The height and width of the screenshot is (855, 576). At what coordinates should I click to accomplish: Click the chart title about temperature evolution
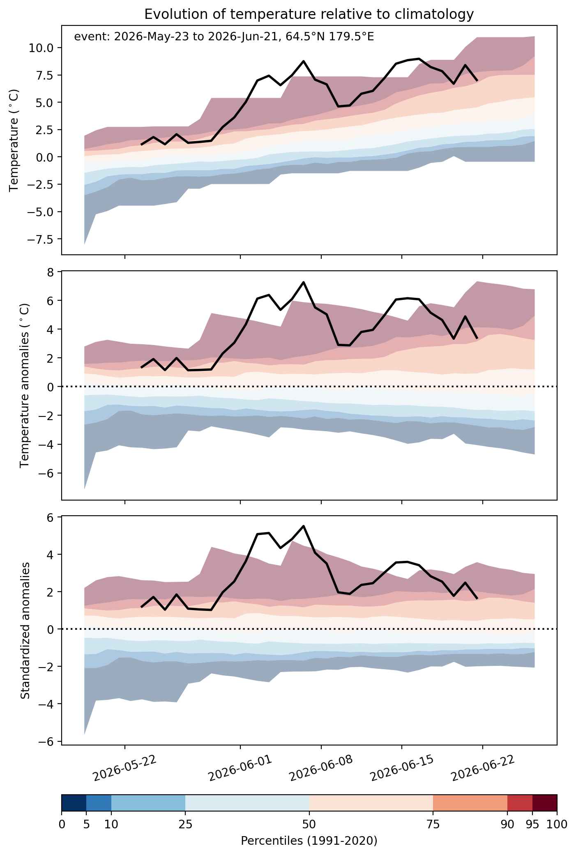[309, 14]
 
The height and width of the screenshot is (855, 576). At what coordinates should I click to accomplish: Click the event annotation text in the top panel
[224, 37]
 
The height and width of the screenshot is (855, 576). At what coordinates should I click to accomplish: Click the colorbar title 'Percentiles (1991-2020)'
[309, 841]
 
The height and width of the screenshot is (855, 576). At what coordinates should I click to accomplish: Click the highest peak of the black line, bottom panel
[303, 526]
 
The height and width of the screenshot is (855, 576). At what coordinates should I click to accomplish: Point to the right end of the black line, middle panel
[477, 338]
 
